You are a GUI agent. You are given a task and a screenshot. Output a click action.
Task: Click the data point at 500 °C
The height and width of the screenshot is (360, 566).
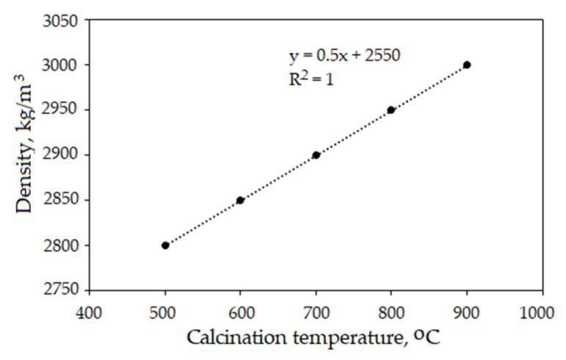pos(165,245)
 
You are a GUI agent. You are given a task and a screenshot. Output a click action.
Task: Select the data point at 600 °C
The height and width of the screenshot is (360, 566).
pos(240,200)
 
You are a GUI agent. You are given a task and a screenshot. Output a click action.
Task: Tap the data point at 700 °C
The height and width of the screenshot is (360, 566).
pos(316,155)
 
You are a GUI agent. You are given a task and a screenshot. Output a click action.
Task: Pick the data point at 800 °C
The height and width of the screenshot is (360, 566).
pos(391,110)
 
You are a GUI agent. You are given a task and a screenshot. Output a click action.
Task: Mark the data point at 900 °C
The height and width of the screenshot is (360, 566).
pos(467,65)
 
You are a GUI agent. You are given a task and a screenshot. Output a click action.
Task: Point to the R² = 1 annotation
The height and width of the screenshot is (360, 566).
pos(311,79)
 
